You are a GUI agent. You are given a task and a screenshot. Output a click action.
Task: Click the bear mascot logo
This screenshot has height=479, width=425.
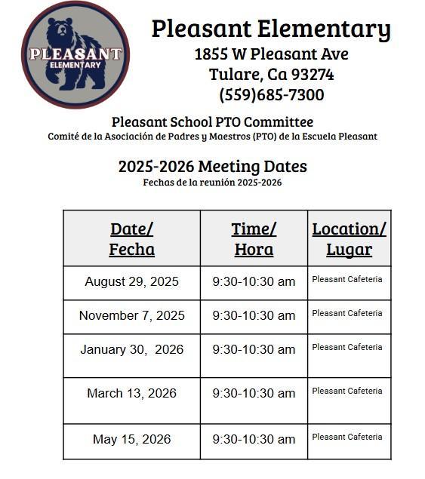[75, 54]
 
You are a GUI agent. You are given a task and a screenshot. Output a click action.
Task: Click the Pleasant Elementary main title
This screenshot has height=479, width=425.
[271, 29]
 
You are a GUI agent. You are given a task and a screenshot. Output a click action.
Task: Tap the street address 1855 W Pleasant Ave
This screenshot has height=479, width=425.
[271, 54]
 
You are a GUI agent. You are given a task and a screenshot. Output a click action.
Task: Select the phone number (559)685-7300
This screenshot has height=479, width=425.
[271, 95]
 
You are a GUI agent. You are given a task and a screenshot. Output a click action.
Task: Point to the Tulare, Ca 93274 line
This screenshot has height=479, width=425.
[271, 75]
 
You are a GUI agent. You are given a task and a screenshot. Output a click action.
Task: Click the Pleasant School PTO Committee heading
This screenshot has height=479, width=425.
[212, 121]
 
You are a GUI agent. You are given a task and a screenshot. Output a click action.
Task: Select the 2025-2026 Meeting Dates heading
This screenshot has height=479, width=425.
[212, 167]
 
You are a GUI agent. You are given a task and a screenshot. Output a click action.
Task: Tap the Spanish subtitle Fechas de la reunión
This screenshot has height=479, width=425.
[212, 183]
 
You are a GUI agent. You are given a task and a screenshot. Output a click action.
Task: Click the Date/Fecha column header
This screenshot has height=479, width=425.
[131, 238]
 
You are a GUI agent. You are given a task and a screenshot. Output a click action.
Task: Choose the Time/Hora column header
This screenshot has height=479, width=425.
[254, 238]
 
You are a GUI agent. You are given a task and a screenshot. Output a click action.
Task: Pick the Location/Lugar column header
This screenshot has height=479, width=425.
[349, 238]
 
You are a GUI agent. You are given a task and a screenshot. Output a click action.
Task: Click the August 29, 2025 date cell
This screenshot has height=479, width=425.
[131, 282]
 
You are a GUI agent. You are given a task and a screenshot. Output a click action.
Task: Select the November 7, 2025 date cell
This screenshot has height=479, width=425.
[131, 316]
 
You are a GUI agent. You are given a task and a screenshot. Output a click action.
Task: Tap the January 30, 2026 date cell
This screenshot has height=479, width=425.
[131, 350]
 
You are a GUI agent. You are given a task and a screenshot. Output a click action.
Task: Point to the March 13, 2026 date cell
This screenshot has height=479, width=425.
[131, 394]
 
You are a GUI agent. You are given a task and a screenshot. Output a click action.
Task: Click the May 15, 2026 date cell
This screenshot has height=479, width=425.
[131, 440]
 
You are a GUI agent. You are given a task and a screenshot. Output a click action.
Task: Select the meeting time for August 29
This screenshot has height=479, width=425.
[254, 282]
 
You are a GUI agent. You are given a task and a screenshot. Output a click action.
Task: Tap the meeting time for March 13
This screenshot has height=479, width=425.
[254, 394]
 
